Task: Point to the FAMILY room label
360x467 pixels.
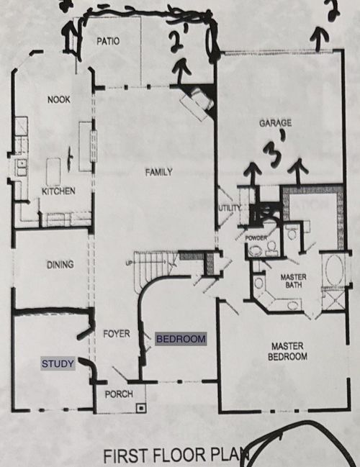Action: click(158, 172)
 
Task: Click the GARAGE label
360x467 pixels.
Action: click(276, 123)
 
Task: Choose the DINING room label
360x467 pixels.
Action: click(60, 265)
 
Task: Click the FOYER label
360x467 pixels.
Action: click(115, 334)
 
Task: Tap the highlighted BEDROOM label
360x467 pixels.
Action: click(181, 338)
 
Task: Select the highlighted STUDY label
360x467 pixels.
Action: click(58, 364)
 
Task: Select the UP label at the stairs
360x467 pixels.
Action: click(129, 262)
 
